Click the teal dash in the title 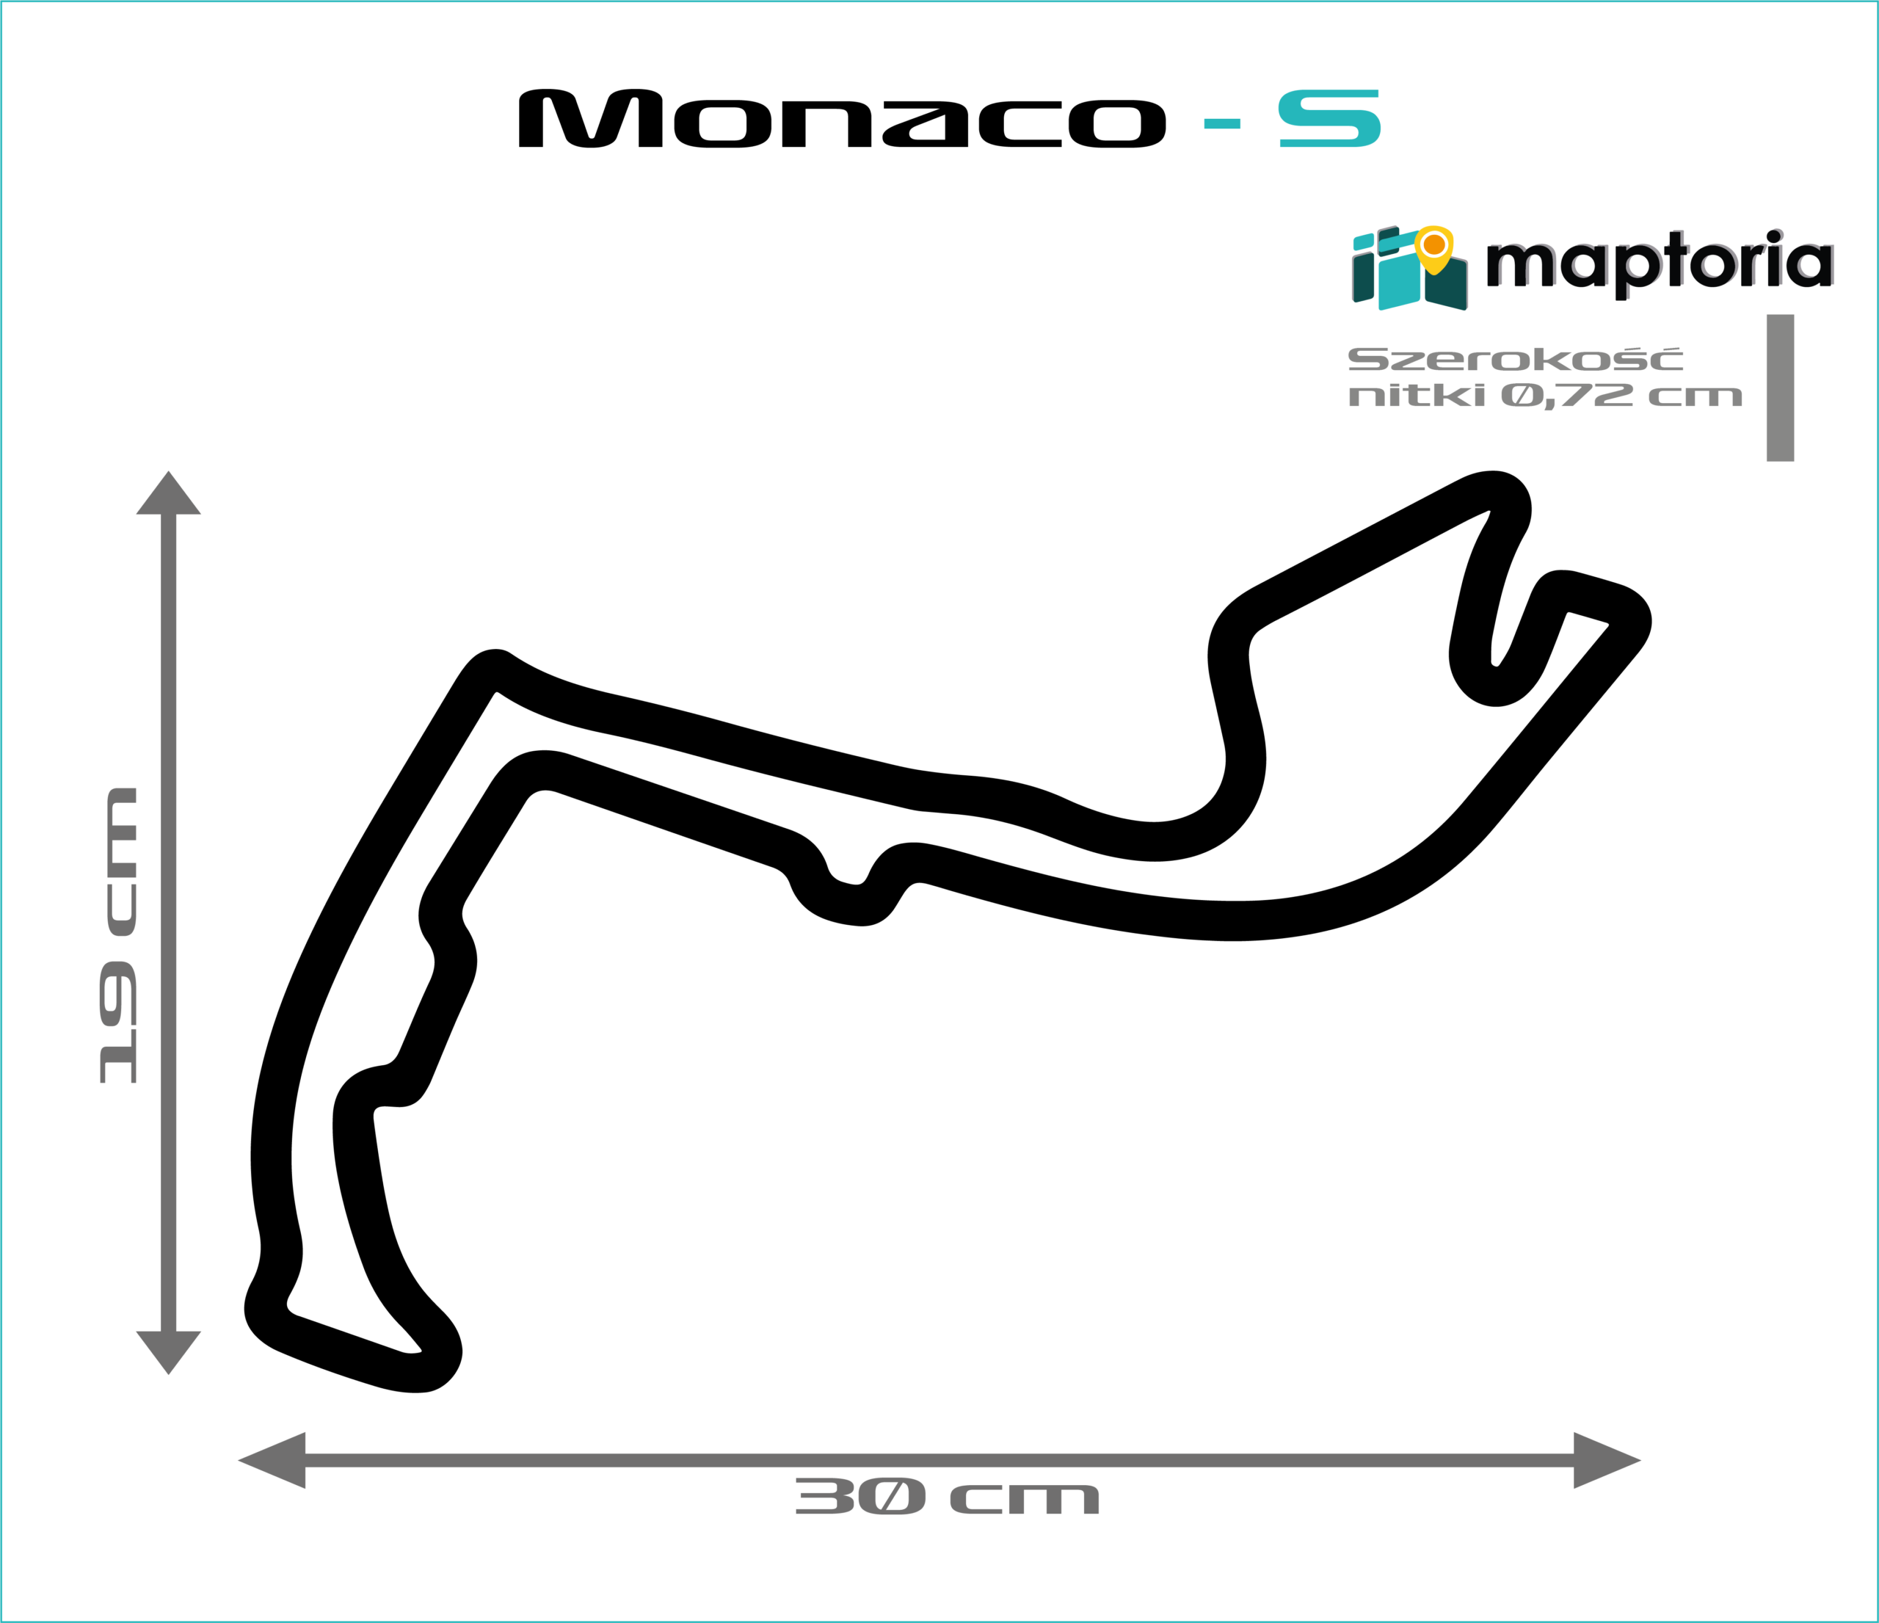coord(1221,124)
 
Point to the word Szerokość coord(1516,359)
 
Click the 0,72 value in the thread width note coord(1567,396)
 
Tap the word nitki coord(1417,396)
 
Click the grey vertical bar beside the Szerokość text coord(1780,388)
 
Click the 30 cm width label coord(947,1497)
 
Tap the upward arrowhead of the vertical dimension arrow coord(169,494)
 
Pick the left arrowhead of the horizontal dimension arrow coord(272,1461)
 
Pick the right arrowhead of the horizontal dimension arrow coord(1606,1461)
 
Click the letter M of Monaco coord(590,118)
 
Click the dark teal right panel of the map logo coord(1447,286)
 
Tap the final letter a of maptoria coord(1813,265)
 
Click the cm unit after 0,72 coord(1695,397)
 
